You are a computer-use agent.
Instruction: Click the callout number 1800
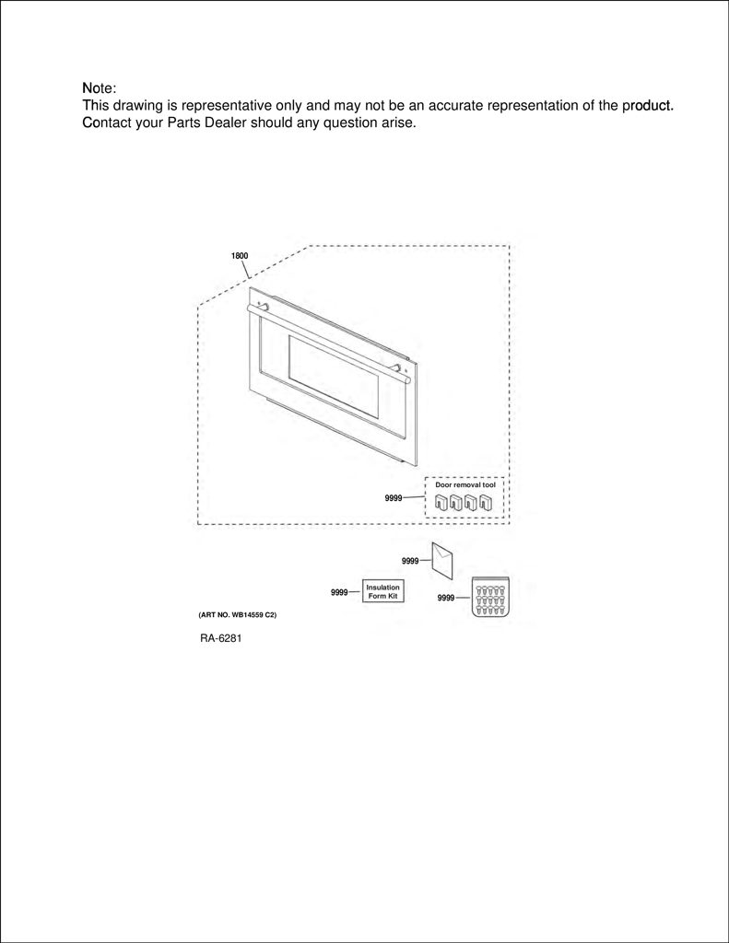[x=240, y=256]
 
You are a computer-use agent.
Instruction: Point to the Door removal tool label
[x=465, y=484]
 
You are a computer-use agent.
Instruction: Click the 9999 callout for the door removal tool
[x=394, y=498]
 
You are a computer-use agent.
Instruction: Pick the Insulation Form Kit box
[x=382, y=591]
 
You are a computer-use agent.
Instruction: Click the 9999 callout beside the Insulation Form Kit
[x=339, y=592]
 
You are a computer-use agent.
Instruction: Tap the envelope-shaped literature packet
[x=442, y=561]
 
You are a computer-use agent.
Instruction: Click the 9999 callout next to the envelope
[x=410, y=561]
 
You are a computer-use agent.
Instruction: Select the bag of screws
[x=490, y=596]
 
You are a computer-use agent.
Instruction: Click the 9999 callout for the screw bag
[x=446, y=598]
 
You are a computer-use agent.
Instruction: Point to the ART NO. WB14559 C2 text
[x=237, y=615]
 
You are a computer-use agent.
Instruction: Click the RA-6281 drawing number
[x=221, y=638]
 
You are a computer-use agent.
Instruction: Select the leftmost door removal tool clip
[x=442, y=502]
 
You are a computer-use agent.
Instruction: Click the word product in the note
[x=648, y=106]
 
